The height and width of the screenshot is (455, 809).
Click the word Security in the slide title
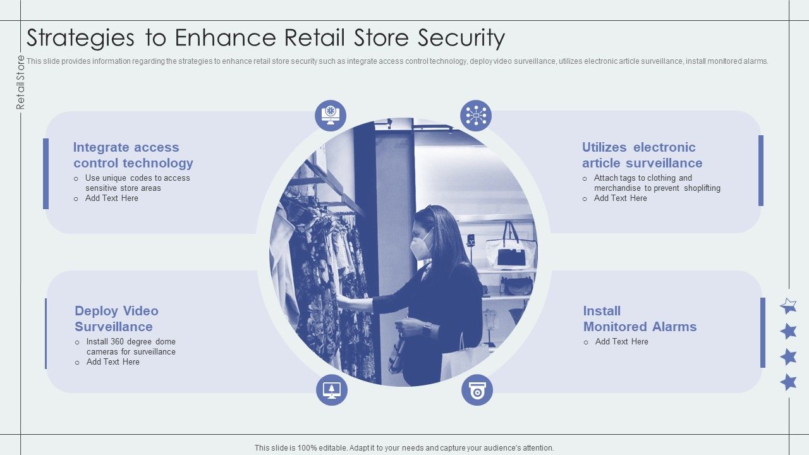[x=461, y=39]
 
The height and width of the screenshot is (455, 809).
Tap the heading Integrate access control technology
[x=133, y=155]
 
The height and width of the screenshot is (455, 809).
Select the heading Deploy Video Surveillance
[x=116, y=318]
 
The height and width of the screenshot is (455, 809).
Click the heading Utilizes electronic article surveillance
[x=642, y=155]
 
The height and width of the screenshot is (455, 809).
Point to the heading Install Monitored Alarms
[x=639, y=318]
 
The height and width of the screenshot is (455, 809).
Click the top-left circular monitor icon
[x=331, y=116]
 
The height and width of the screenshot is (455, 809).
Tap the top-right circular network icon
[x=476, y=116]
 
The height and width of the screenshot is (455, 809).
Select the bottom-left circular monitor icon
[x=332, y=390]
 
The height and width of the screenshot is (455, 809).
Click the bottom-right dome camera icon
[x=477, y=390]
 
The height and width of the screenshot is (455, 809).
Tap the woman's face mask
[x=420, y=245]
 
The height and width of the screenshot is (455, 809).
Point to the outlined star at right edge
[x=788, y=306]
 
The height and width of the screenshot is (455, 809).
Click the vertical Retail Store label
[x=21, y=82]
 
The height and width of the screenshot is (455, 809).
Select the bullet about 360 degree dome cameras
[x=131, y=346]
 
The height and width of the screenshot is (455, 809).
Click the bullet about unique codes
[x=137, y=183]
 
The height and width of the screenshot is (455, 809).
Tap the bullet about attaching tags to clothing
[x=657, y=183]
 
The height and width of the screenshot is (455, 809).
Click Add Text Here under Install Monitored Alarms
[x=621, y=341]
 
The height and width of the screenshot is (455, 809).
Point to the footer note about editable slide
[x=404, y=447]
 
